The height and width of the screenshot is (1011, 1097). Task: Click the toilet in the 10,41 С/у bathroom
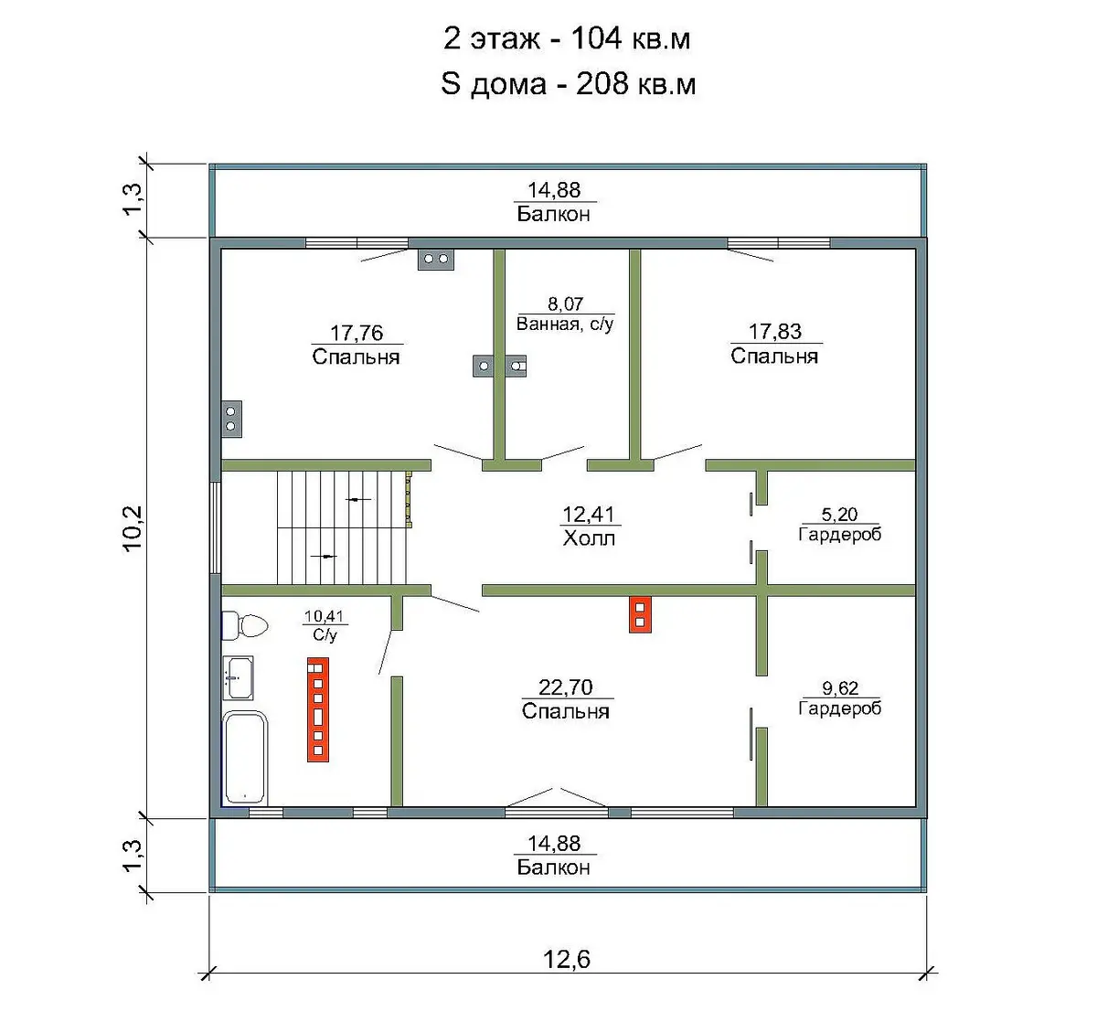[244, 625]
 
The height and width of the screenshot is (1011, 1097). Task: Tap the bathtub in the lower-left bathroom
[245, 758]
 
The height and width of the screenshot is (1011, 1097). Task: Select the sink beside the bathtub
[238, 678]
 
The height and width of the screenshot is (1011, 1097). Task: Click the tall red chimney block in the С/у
[318, 709]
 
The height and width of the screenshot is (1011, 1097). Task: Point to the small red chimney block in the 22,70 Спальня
[640, 614]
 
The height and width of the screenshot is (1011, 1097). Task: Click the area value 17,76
[357, 333]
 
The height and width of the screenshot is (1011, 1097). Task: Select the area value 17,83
[775, 331]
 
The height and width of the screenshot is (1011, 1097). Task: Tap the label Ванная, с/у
[565, 324]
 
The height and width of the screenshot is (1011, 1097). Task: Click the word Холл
[589, 538]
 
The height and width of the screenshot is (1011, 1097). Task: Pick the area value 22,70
[566, 687]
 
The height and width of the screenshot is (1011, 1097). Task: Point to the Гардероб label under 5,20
[840, 534]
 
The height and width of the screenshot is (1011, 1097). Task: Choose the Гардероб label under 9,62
[840, 708]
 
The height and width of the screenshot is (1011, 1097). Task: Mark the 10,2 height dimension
[133, 528]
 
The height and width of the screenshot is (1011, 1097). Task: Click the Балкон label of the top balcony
[553, 214]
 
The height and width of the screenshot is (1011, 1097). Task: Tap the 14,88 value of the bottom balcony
[554, 844]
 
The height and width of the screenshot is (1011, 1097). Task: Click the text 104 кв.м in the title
[631, 38]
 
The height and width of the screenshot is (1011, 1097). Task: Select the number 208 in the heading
[602, 84]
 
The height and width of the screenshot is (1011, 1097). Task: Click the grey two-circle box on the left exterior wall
[231, 419]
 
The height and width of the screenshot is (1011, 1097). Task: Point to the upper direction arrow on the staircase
[358, 499]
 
